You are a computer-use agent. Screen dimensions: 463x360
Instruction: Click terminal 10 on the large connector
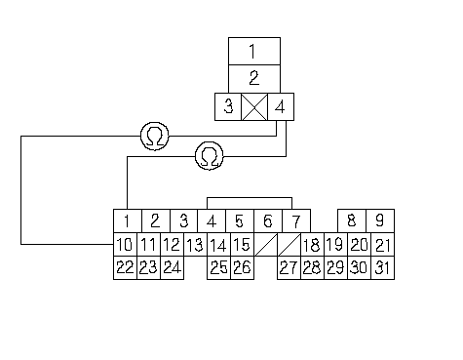click(x=125, y=244)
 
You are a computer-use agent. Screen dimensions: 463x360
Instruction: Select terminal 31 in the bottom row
click(x=383, y=267)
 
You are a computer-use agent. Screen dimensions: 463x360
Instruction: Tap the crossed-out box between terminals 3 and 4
click(x=254, y=107)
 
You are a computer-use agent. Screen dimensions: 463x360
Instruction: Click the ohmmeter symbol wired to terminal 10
click(x=155, y=137)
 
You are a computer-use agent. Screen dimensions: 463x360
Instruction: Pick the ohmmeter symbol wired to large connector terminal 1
click(x=210, y=156)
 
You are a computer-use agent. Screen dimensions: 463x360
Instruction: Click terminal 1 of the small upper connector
click(x=254, y=51)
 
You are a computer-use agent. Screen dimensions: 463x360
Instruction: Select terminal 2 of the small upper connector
click(x=254, y=79)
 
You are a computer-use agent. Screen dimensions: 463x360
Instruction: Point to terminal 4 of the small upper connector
click(x=281, y=107)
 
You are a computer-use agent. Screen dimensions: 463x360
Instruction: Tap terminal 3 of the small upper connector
click(x=228, y=107)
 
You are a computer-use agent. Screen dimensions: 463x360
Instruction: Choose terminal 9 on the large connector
click(x=380, y=220)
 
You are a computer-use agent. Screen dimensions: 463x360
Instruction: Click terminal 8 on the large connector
click(x=352, y=220)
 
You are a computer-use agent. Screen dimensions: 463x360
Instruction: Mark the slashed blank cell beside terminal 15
click(x=266, y=244)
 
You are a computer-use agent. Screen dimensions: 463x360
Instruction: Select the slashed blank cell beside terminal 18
click(x=289, y=244)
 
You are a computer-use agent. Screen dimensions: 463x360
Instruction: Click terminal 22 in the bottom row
click(x=125, y=267)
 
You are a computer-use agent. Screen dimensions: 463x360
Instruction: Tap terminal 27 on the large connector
click(x=289, y=267)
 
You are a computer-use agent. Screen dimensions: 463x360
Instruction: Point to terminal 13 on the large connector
click(x=196, y=244)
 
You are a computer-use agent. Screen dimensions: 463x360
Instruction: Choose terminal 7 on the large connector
click(x=296, y=220)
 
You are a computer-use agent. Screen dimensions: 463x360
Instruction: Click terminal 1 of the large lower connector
click(x=128, y=220)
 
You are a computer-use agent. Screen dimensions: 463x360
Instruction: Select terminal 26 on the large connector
click(x=243, y=267)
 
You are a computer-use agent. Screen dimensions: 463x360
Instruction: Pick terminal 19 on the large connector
click(x=336, y=244)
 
